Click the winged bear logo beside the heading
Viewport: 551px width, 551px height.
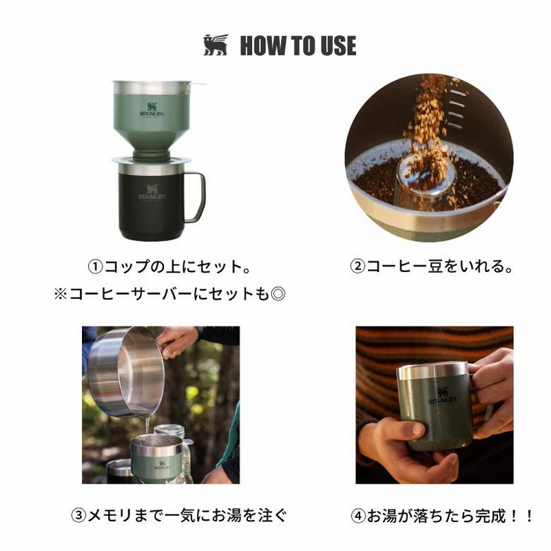pyautogui.click(x=216, y=45)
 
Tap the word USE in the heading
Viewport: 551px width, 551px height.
pyautogui.click(x=337, y=45)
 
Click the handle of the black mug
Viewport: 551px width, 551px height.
pyautogui.click(x=196, y=197)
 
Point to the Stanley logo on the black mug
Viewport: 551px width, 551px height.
pyautogui.click(x=152, y=194)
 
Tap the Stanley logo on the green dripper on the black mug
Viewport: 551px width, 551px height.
pyautogui.click(x=152, y=110)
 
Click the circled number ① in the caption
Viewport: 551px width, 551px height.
pyautogui.click(x=95, y=267)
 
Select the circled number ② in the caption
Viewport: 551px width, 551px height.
pyautogui.click(x=358, y=267)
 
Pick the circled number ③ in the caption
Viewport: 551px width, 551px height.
pyautogui.click(x=79, y=515)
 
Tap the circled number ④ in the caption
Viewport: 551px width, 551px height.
pyautogui.click(x=358, y=516)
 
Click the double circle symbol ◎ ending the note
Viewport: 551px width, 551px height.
pyautogui.click(x=278, y=293)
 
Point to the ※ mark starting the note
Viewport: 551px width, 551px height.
pyautogui.click(x=60, y=293)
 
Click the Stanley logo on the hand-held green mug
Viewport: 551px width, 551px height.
pyautogui.click(x=442, y=397)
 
